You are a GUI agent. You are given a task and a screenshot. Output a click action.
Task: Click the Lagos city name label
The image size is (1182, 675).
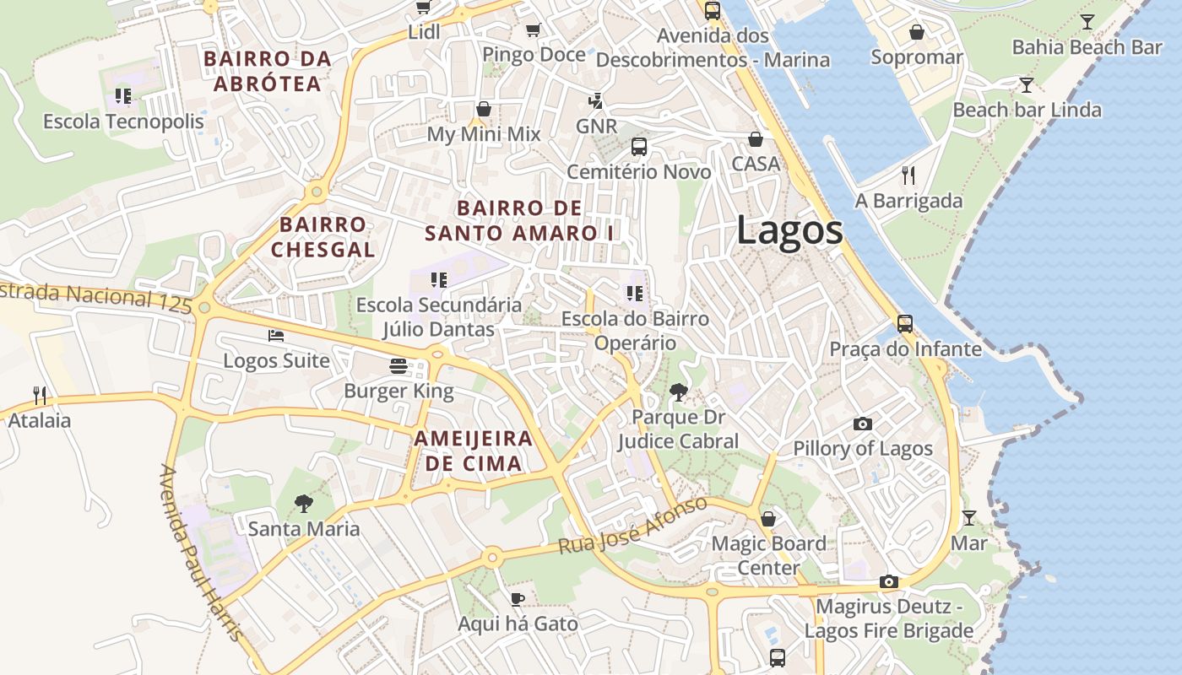[789, 230]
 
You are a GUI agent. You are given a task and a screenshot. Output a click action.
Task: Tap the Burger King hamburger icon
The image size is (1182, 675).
[399, 365]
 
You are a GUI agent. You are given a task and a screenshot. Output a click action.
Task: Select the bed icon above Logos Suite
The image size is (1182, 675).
[276, 335]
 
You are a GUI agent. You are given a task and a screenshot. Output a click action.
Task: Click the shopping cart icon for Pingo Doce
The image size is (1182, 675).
[533, 30]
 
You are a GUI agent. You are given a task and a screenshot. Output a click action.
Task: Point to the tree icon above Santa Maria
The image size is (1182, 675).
[303, 504]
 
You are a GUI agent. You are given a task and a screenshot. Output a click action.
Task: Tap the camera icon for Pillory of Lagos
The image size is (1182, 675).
[862, 424]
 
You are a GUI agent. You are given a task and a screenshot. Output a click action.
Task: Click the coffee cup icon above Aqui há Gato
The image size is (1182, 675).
[518, 599]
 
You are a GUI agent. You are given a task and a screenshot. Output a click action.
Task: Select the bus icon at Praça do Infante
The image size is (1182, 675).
[905, 323]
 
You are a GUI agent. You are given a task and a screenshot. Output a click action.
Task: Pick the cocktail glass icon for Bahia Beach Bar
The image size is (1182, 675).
[1087, 22]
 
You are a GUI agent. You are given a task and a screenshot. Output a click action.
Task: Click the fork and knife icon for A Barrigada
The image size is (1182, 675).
[908, 175]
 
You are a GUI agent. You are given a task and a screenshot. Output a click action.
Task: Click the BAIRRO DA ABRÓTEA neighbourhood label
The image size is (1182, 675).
[267, 72]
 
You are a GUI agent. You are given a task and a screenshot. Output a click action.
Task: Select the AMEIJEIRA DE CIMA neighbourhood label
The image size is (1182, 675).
[473, 451]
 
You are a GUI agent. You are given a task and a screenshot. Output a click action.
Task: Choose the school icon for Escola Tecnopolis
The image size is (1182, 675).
[123, 96]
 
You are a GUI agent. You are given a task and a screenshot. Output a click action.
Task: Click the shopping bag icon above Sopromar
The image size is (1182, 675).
[916, 32]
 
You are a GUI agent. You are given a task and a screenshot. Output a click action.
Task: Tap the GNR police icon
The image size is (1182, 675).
[596, 101]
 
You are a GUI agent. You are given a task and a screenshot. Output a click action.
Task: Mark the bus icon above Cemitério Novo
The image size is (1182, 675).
[639, 147]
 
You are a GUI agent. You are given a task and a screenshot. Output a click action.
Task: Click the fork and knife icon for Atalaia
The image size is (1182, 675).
[39, 395]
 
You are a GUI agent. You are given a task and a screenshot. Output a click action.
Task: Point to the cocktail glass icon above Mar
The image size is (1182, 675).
[968, 517]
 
